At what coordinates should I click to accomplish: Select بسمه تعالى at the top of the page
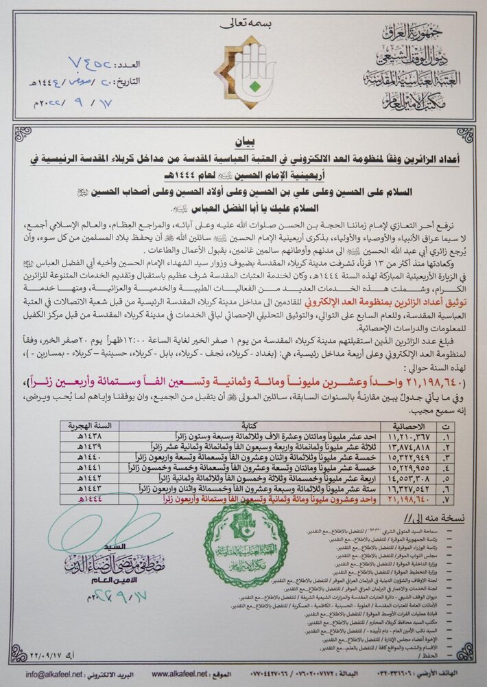pos(243,23)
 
